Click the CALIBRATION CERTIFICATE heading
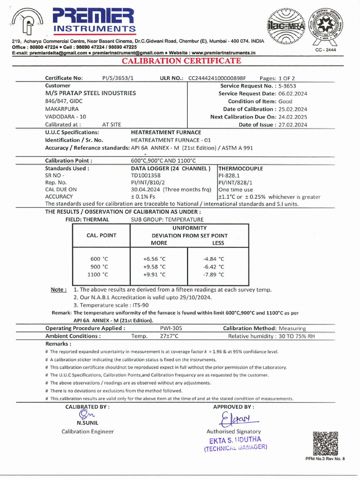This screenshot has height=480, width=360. pos(181,61)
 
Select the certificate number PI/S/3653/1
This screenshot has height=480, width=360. pos(118,78)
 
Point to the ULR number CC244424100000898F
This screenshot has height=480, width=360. pos(217,78)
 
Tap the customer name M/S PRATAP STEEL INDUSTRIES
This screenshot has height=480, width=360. pos(90,93)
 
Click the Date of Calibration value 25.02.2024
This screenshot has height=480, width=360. pos(292,109)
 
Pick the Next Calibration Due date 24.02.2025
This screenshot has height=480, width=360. pos(292,117)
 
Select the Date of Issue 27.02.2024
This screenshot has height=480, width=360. pos(292,125)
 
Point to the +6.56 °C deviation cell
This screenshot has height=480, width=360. pos(154,259)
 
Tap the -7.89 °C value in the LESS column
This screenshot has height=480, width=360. pos(213,275)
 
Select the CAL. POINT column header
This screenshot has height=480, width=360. pos(102,235)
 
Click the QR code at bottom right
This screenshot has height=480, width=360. pos(325,443)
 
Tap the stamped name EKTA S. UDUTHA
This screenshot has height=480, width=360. pos(235,440)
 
